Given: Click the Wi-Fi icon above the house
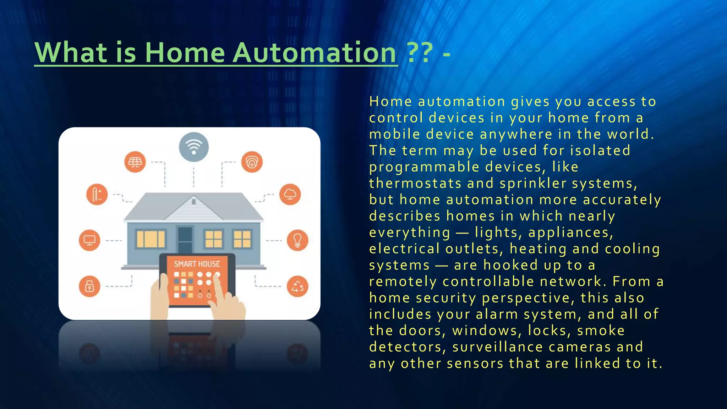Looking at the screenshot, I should pos(193,147).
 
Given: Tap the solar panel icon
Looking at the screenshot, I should pos(135,162).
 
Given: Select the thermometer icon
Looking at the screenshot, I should pos(97,195).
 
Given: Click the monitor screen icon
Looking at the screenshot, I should pos(89,240).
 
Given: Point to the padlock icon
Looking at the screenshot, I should pos(89,286).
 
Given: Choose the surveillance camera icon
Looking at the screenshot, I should pos(252,162).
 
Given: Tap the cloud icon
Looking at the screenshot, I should pos(290,194).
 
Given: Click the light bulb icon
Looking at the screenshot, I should pos(297,240).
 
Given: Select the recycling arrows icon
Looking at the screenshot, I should pos(297,286).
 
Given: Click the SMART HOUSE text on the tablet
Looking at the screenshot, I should pos(197,264).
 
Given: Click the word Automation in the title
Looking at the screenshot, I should pos(315,53).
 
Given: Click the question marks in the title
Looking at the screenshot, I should pos(420,53).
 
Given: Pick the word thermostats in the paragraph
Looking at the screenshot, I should pos(415,184).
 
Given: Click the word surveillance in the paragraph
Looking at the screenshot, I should pos(497,347).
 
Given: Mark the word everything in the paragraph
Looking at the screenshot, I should pos(410,233).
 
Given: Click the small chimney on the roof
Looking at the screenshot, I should pos(193,202).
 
